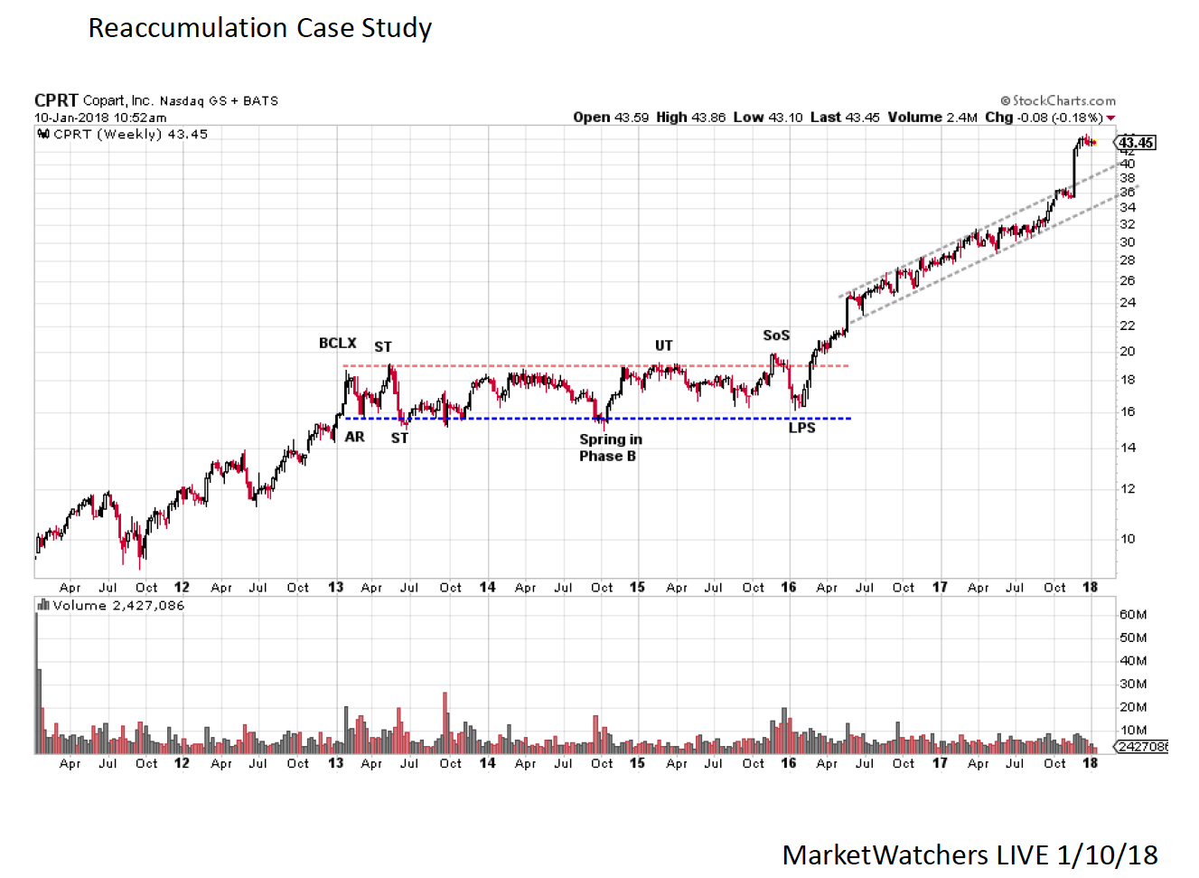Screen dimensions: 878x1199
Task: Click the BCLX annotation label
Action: [337, 344]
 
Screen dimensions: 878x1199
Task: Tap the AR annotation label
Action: [355, 437]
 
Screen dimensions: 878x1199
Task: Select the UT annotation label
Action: [663, 345]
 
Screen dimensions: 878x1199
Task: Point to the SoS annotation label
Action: [776, 335]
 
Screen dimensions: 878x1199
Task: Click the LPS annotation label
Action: [801, 428]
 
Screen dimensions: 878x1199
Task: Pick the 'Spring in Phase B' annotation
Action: [610, 448]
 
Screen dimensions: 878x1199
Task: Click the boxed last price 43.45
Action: [1136, 143]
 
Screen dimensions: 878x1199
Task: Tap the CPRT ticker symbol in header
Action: [56, 100]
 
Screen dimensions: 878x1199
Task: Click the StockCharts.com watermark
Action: [1058, 100]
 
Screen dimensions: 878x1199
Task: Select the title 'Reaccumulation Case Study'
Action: [260, 28]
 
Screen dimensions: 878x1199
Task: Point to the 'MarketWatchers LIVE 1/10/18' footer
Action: [970, 854]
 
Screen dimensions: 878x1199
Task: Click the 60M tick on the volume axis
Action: [1133, 615]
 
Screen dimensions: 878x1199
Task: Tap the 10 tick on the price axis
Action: [1128, 539]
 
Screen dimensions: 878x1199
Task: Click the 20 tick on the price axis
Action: [1128, 352]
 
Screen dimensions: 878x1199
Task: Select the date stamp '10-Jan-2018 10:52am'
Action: [100, 118]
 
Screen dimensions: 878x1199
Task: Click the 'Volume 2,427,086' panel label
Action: [117, 606]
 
